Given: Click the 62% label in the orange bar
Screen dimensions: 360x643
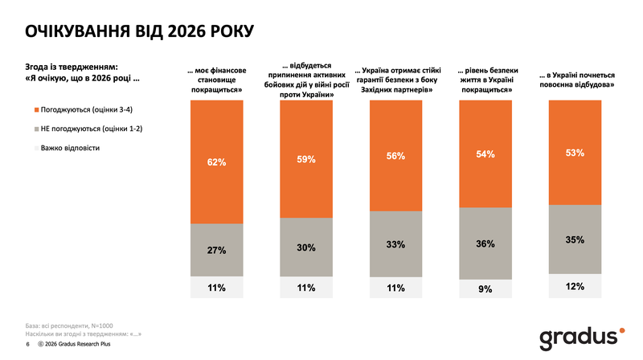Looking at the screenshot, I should pyautogui.click(x=216, y=162).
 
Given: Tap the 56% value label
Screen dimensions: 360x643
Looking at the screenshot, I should pyautogui.click(x=395, y=156).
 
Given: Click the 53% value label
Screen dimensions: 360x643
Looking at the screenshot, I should pyautogui.click(x=574, y=153).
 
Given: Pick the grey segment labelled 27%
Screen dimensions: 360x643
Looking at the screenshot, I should pyautogui.click(x=216, y=250).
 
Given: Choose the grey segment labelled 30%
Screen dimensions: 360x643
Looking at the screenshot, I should pyautogui.click(x=305, y=247).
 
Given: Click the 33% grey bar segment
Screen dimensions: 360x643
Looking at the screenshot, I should pyautogui.click(x=395, y=244).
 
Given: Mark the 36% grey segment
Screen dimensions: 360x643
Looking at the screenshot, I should pyautogui.click(x=484, y=243).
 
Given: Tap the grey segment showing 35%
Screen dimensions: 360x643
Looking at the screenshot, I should pyautogui.click(x=574, y=239).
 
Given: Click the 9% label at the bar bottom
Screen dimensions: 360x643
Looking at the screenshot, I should pyautogui.click(x=484, y=289).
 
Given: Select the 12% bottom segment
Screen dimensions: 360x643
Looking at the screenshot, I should pyautogui.click(x=574, y=286).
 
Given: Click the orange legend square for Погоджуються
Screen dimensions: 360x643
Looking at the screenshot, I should pyautogui.click(x=33, y=108).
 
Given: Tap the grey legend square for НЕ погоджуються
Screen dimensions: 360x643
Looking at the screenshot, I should pyautogui.click(x=33, y=129).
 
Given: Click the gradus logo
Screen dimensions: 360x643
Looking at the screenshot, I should pyautogui.click(x=578, y=336).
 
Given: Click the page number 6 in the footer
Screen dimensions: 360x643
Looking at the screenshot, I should pyautogui.click(x=27, y=344).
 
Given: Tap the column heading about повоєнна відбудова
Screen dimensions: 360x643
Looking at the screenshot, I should pyautogui.click(x=574, y=78).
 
